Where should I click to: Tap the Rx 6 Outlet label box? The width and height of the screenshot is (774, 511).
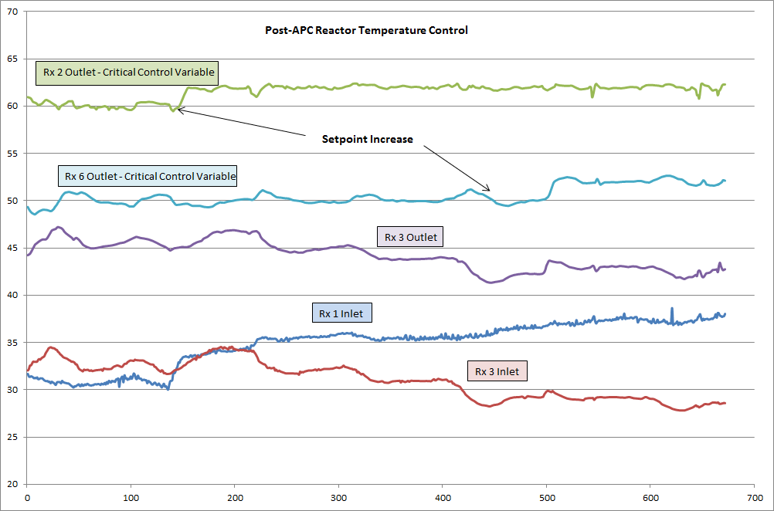147,177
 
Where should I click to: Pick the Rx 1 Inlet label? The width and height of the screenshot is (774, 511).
341,313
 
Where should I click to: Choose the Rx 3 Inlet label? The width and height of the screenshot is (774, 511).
496,371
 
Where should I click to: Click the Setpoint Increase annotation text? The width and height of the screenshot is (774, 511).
368,140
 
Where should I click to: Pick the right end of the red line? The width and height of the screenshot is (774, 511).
725,403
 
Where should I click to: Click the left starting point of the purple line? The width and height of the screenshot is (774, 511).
28,255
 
